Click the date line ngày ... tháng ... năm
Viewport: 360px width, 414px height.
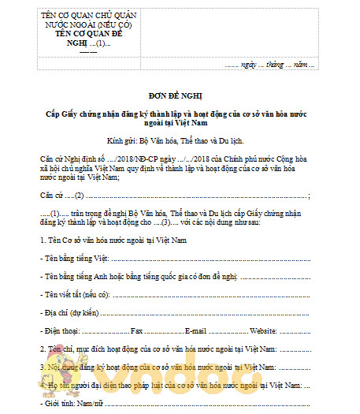pyautogui.click(x=269, y=64)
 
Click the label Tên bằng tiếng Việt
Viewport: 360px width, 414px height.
pyautogui.click(x=75, y=257)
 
